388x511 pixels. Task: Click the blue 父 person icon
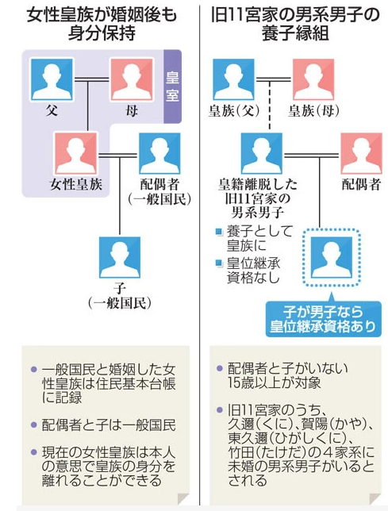52,79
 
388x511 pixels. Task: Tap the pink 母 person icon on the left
132,79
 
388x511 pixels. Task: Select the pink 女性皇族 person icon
76,153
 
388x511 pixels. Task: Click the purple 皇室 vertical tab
172,86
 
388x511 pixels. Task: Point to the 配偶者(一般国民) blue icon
159,153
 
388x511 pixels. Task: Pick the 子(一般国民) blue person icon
120,257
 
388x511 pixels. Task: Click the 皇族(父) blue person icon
233,79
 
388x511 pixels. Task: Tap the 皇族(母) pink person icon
313,79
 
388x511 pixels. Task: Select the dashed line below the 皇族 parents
270,105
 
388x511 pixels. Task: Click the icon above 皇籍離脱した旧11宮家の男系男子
262,153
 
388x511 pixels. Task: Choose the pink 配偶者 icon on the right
361,153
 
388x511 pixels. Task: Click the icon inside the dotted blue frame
332,257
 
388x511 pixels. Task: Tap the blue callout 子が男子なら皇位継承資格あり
324,319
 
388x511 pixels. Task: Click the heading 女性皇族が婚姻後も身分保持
102,25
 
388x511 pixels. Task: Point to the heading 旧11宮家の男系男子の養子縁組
295,25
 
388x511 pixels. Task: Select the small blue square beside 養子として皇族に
219,232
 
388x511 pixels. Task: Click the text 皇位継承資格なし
253,271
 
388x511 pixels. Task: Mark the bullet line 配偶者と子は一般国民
109,425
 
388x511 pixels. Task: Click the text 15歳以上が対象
274,383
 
